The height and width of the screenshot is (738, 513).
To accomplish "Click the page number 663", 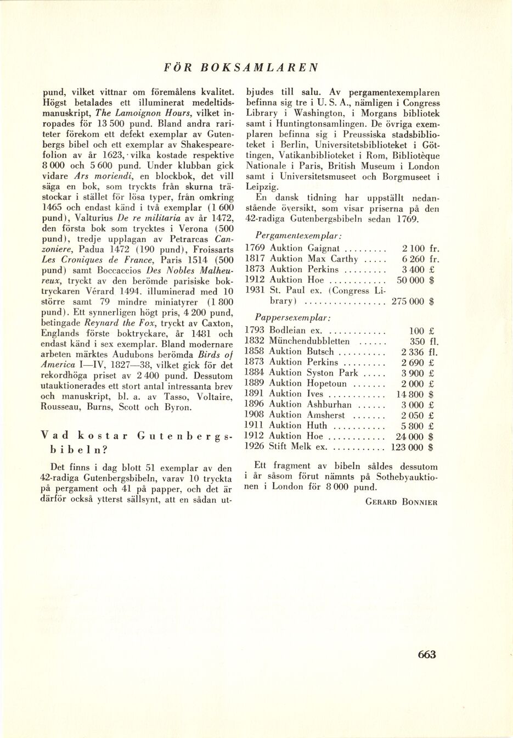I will coord(426,654).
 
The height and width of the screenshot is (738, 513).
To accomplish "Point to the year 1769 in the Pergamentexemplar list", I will coord(255,248).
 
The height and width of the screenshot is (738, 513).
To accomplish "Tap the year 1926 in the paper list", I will coord(255,447).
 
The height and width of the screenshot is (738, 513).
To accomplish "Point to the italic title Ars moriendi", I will coord(97,177).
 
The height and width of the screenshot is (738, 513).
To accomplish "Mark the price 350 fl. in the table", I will coord(422,341).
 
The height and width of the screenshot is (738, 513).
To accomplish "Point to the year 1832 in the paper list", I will coord(255,341).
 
